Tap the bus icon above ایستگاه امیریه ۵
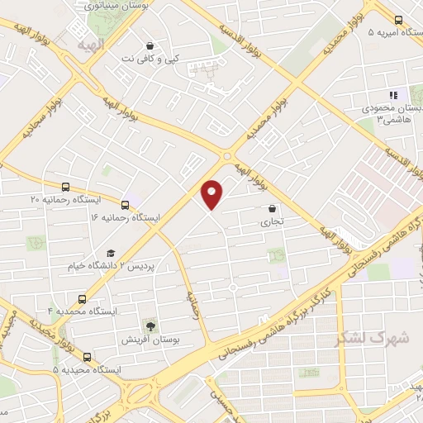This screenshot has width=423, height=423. pyautogui.click(x=398, y=20)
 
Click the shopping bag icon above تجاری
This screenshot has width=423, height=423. pyautogui.click(x=272, y=209)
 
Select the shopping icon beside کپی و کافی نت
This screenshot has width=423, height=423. pyautogui.click(x=149, y=45)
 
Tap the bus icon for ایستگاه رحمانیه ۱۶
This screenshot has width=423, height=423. pyautogui.click(x=125, y=205)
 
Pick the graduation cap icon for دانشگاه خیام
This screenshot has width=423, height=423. pyautogui.click(x=110, y=254)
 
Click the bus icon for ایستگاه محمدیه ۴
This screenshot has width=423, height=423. pyautogui.click(x=81, y=298)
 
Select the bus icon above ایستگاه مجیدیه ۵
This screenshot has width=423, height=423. pyautogui.click(x=87, y=358)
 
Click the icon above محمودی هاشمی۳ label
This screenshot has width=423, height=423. pyautogui.click(x=393, y=95)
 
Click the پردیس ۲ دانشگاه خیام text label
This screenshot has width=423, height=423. pyautogui.click(x=114, y=267)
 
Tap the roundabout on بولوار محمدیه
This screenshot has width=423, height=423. pyautogui.click(x=227, y=156)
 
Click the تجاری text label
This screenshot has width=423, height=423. pyautogui.click(x=272, y=222)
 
